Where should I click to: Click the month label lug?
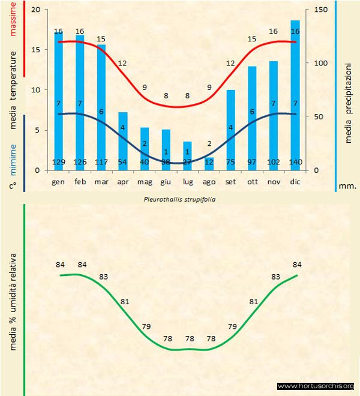188,181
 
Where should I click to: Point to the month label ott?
252,181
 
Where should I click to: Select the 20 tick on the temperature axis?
35,10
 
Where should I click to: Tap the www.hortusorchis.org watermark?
316,386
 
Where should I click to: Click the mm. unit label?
348,186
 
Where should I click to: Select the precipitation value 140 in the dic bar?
295,162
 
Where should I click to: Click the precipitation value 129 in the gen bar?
59,162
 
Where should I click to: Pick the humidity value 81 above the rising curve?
254,301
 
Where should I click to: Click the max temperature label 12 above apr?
122,63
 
